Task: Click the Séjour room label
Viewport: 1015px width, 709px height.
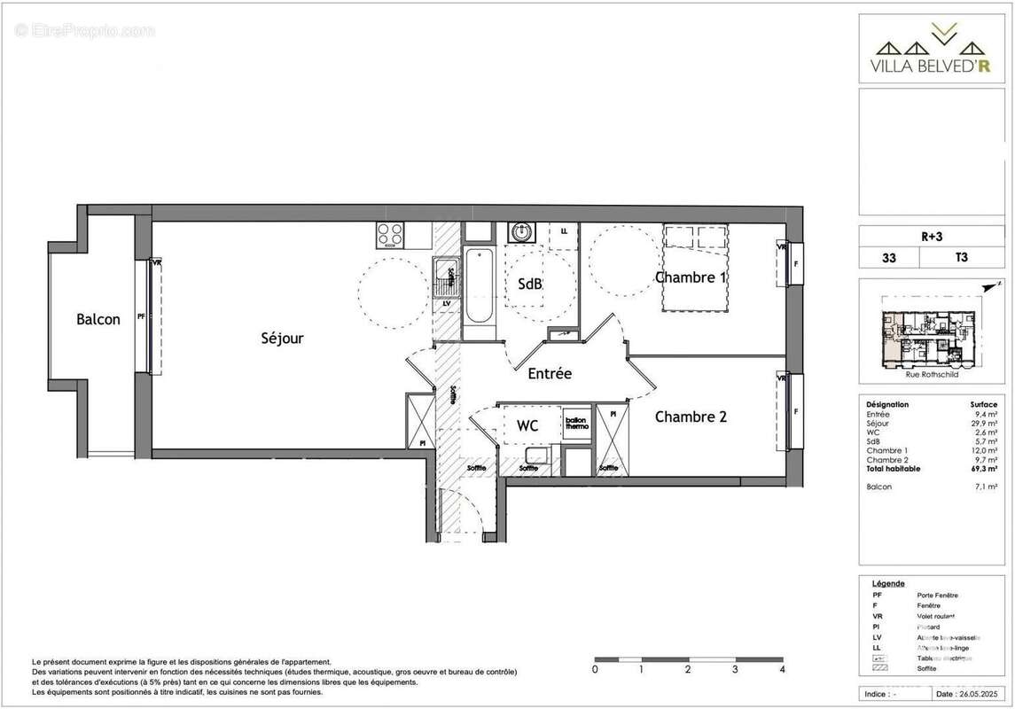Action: coord(282,339)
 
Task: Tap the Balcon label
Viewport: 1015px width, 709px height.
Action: coord(98,320)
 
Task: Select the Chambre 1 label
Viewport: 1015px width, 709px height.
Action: coord(691,277)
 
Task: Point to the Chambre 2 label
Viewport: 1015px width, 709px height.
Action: coord(691,416)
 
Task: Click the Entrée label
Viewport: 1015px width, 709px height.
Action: coord(550,374)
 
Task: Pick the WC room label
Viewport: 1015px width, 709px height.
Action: coord(527,426)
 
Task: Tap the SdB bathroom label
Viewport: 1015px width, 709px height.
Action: coord(530,284)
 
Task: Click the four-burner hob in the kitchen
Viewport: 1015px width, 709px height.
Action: coord(390,235)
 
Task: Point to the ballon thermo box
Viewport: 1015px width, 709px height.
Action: coord(576,424)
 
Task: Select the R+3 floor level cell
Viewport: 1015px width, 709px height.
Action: coord(930,237)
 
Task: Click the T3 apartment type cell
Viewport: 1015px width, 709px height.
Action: coord(961,258)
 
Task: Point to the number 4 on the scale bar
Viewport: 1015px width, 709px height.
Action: coord(782,670)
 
